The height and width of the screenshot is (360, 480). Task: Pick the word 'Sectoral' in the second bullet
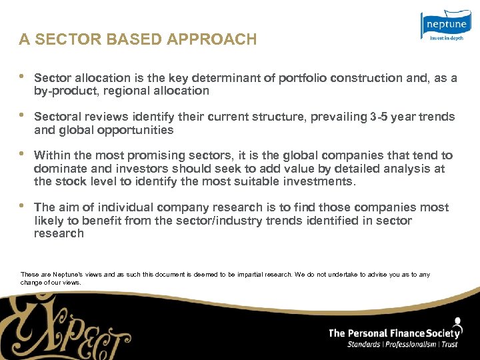click(x=57, y=117)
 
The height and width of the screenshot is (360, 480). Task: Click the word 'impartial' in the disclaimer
click(x=253, y=275)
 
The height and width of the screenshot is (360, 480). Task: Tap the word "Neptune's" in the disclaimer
click(x=62, y=275)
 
